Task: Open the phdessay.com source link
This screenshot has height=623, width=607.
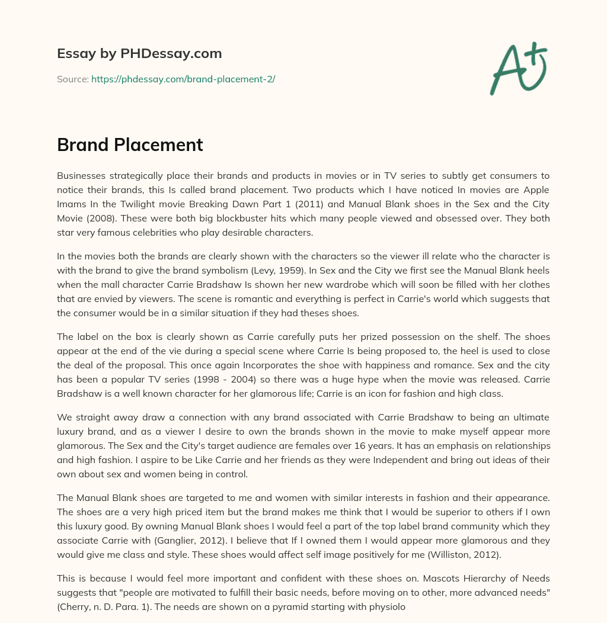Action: [x=183, y=79]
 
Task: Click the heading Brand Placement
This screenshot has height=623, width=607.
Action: [x=130, y=144]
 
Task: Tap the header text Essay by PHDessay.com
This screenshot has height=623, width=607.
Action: [x=139, y=54]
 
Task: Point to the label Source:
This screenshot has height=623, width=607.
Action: [x=73, y=79]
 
